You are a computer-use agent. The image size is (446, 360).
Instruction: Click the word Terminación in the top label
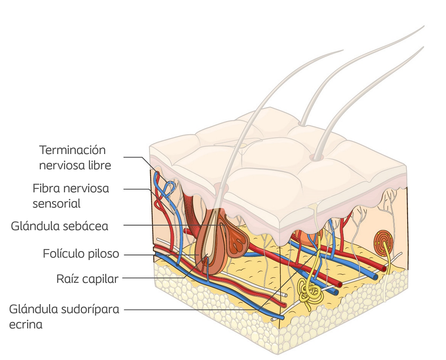pos(72,150)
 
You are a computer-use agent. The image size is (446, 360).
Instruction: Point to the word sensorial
pos(56,204)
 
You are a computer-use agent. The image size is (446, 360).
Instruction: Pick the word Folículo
pos(64,254)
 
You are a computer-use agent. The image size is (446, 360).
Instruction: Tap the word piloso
pos(104,254)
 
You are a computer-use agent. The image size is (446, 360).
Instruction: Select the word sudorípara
pos(90,310)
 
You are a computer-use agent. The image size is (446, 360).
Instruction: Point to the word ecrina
pos(26,325)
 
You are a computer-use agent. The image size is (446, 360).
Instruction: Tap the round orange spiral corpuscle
pos(383,242)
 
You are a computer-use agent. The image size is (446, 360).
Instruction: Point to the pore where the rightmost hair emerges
pos(316,158)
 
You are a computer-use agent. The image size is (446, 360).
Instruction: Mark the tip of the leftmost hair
pos(343,50)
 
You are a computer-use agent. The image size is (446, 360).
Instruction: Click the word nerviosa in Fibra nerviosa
pos(86,189)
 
